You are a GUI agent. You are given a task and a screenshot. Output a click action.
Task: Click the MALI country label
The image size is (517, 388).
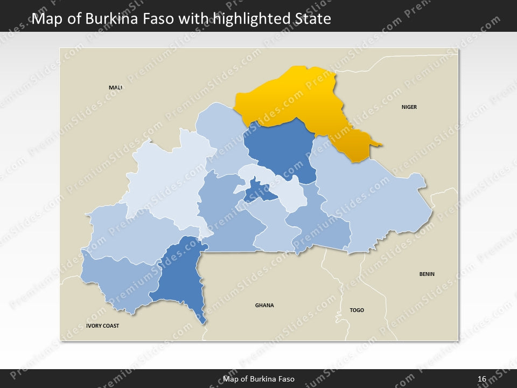[x=115, y=87]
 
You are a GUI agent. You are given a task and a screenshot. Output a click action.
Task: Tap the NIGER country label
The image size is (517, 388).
[x=409, y=107]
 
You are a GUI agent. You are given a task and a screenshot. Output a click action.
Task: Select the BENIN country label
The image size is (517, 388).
[x=427, y=274]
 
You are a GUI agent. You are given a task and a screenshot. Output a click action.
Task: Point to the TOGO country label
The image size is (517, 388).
[x=357, y=310]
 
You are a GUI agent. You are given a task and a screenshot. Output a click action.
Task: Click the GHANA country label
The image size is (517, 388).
[x=264, y=306]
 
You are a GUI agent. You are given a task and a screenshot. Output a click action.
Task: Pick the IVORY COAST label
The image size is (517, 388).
[x=102, y=326]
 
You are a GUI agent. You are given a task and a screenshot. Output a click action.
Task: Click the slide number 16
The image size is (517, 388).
[x=481, y=379]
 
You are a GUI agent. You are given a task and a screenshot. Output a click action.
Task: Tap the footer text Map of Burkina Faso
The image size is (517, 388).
[x=258, y=379]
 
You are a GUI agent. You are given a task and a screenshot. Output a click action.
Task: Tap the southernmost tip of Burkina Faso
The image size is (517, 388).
[x=204, y=322]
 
